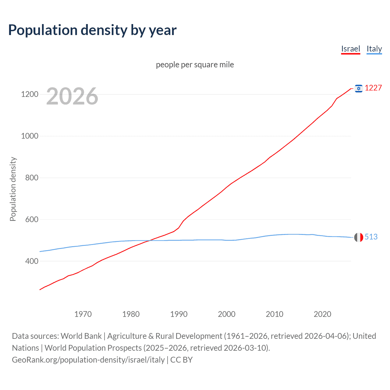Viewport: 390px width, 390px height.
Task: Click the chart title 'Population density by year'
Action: (x=92, y=30)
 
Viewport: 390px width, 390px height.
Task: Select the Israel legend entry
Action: (x=350, y=49)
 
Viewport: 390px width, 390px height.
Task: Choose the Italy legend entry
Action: (x=374, y=49)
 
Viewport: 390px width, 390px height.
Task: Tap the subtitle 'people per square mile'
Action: (x=195, y=65)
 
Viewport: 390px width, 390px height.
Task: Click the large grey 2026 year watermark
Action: (x=72, y=96)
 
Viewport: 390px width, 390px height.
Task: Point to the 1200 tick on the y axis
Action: (x=30, y=94)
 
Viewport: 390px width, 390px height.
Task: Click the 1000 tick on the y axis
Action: (x=30, y=136)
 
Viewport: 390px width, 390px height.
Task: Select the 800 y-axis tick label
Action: (x=32, y=178)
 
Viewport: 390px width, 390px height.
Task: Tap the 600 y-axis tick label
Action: (x=32, y=219)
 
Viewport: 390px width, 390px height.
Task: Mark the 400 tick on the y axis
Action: (x=32, y=261)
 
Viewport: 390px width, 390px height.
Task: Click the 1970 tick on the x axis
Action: (x=83, y=314)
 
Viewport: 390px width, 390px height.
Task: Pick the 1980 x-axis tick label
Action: (x=131, y=314)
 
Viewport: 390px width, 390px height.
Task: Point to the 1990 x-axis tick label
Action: (x=179, y=314)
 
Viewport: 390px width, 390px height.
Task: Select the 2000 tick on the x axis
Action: (x=227, y=314)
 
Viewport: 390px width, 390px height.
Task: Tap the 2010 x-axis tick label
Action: (x=275, y=314)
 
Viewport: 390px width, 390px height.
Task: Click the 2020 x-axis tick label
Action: (x=322, y=314)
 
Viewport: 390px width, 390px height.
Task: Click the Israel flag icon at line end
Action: (x=359, y=88)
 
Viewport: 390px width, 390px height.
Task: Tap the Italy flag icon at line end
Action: (x=359, y=237)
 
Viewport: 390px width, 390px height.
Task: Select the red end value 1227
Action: (x=373, y=88)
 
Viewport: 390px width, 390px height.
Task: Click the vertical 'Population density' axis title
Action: (x=13, y=189)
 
